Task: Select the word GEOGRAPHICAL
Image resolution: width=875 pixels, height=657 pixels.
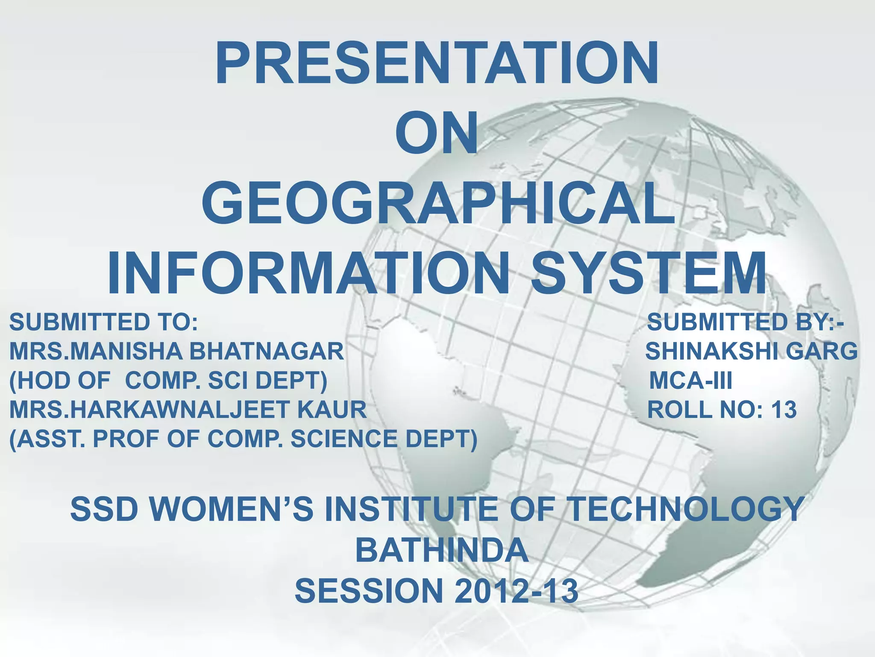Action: tap(438, 203)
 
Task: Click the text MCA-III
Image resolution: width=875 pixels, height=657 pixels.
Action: tap(690, 381)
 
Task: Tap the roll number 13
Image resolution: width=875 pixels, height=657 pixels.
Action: tap(784, 410)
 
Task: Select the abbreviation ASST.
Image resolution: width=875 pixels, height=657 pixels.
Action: tap(47, 439)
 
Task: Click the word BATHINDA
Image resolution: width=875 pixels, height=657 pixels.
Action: tap(442, 550)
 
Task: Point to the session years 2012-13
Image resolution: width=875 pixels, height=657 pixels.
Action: tap(516, 591)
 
